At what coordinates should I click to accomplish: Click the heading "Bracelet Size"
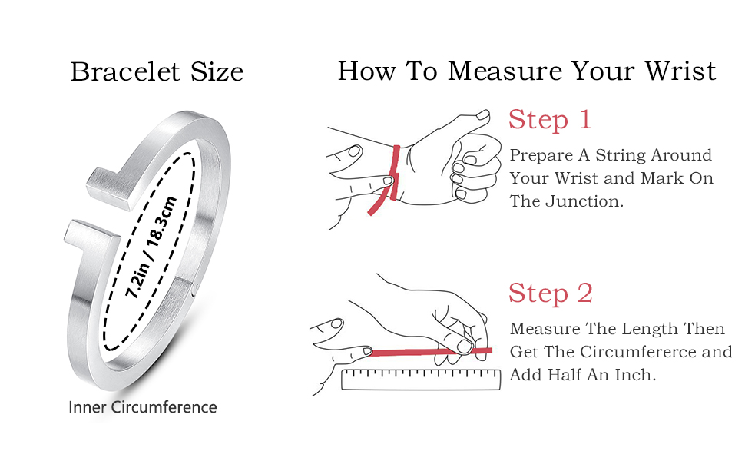click(x=157, y=72)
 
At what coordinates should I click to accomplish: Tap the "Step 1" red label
click(x=550, y=119)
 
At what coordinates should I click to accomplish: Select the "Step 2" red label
click(x=551, y=293)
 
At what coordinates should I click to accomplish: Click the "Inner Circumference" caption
click(x=143, y=407)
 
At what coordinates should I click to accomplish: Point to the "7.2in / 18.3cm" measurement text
click(x=151, y=247)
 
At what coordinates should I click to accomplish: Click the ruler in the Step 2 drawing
click(x=421, y=380)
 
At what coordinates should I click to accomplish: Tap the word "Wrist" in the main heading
click(x=680, y=71)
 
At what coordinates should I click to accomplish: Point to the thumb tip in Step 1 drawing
click(x=484, y=115)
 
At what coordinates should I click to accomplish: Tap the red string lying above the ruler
click(x=430, y=352)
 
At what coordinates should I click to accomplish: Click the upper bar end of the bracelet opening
click(x=109, y=189)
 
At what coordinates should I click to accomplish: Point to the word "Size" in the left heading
click(x=217, y=72)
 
